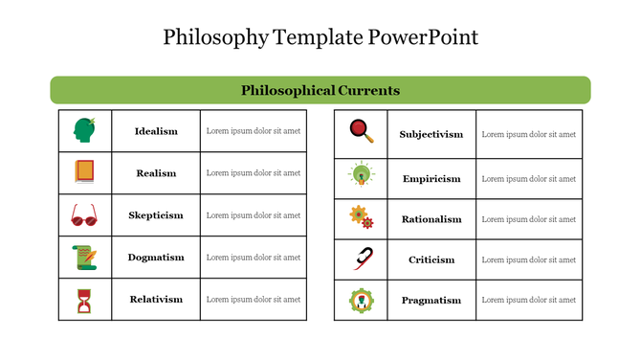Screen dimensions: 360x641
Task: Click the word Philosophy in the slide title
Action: [215, 37]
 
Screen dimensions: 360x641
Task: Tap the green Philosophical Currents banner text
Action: [320, 90]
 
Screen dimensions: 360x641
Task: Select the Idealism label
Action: [156, 131]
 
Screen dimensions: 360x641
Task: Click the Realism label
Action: [156, 173]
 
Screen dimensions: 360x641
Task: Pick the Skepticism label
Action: [156, 215]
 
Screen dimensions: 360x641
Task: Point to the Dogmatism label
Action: [156, 258]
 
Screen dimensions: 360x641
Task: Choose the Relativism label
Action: [156, 300]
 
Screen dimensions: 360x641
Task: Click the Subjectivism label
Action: [431, 134]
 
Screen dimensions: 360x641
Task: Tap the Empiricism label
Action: [431, 178]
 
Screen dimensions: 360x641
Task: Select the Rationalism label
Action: [431, 219]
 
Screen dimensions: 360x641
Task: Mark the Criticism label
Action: [431, 259]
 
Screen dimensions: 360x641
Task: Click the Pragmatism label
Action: [431, 300]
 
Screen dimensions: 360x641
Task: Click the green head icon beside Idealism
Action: [84, 130]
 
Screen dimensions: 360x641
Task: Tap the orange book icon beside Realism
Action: [84, 172]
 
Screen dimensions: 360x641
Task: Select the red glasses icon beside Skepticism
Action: [84, 216]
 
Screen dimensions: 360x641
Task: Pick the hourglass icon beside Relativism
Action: [84, 301]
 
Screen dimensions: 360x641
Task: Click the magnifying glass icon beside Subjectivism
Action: [361, 130]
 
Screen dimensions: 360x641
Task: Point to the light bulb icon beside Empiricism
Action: [361, 175]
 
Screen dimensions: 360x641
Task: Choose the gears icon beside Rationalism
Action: [361, 217]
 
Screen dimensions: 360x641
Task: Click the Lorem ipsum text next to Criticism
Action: [528, 259]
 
